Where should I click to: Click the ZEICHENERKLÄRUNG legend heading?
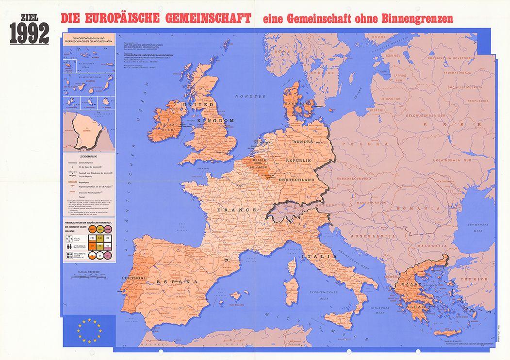[x=88, y=157]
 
